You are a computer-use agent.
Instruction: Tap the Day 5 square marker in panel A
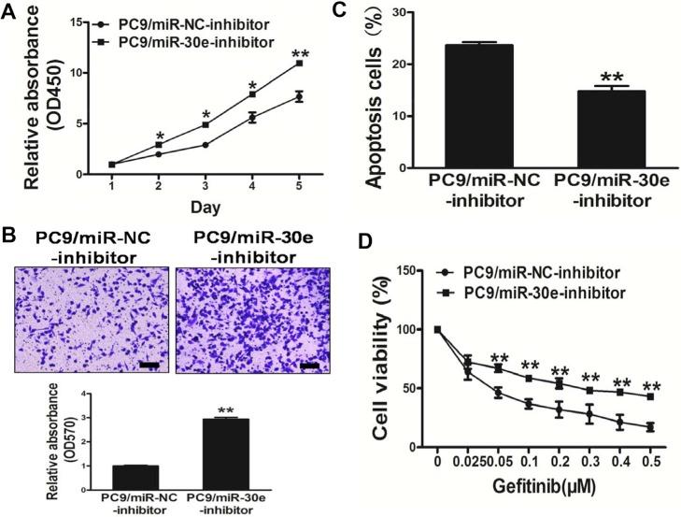[x=299, y=64]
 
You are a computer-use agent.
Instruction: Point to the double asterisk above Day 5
[x=299, y=52]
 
